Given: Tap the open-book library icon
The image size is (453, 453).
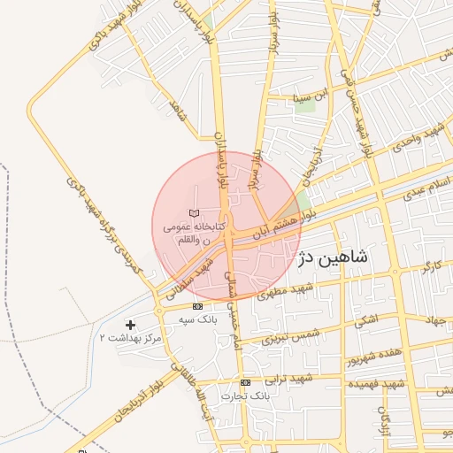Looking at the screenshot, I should click(196, 214).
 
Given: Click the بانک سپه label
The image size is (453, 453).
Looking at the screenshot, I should click(197, 318).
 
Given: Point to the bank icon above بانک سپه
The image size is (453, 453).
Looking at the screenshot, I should click(197, 306).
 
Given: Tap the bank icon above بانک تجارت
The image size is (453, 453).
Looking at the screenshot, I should click(245, 382).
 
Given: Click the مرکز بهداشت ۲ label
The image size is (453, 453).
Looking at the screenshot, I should click(131, 338).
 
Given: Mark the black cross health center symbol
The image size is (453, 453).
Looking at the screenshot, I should click(131, 325).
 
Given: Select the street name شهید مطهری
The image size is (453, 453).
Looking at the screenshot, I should click(287, 293).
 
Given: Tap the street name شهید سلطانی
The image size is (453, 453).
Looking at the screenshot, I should click(197, 275).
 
